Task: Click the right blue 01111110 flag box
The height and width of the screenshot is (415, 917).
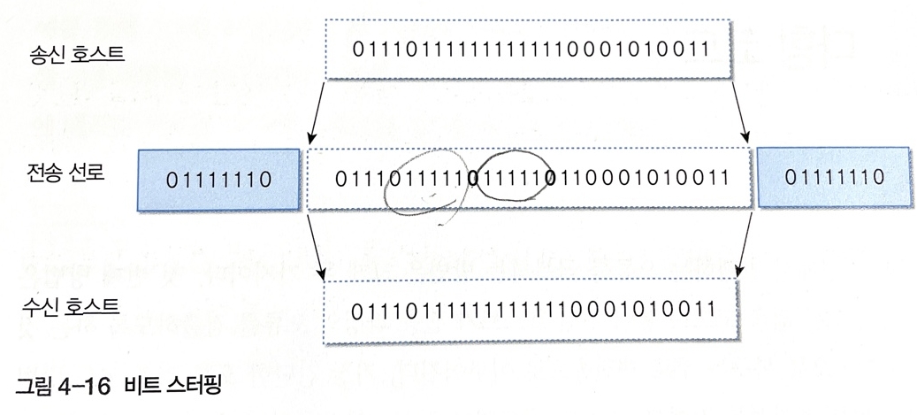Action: pyautogui.click(x=834, y=178)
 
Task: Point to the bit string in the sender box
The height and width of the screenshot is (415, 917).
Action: pyautogui.click(x=531, y=50)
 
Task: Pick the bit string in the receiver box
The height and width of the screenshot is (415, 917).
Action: pyautogui.click(x=531, y=311)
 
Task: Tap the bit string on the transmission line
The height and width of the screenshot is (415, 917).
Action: pyautogui.click(x=531, y=178)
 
